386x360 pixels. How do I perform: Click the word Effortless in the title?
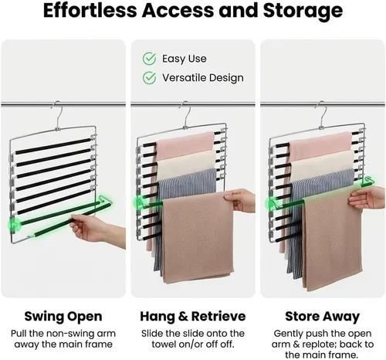(x=90, y=10)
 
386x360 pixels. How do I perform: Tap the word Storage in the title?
(x=303, y=12)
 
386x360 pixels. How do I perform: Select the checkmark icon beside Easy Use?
(x=149, y=59)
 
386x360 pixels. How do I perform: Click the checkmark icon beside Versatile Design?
(x=149, y=78)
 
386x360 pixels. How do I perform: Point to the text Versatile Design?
(x=203, y=78)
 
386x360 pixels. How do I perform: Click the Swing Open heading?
(x=63, y=317)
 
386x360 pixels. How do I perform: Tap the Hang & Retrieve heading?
(x=193, y=316)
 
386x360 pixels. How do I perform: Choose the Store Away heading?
(x=323, y=317)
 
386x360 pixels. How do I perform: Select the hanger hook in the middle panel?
(x=186, y=114)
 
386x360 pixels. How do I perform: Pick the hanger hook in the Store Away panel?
(x=323, y=114)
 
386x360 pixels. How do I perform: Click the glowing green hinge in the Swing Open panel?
(x=13, y=224)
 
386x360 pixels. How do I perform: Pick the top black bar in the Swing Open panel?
(x=53, y=147)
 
